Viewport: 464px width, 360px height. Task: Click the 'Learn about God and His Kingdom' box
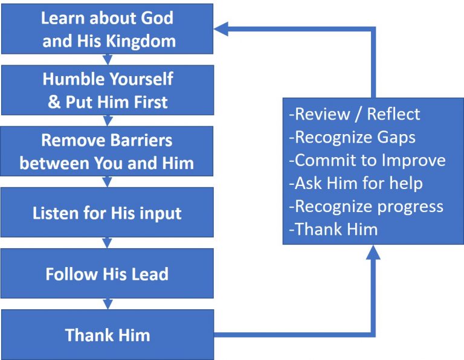(x=107, y=29)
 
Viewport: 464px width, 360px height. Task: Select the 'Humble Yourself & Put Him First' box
(x=107, y=91)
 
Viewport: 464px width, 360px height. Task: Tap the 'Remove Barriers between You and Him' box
(x=107, y=152)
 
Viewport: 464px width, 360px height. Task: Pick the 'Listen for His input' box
(x=107, y=213)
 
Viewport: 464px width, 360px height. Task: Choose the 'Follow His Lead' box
(x=107, y=274)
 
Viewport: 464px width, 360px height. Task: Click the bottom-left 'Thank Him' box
(x=107, y=335)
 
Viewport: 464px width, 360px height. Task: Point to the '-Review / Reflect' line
(x=355, y=114)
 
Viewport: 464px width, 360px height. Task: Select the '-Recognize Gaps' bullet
(x=352, y=137)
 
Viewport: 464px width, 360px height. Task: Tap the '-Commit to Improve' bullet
(x=367, y=159)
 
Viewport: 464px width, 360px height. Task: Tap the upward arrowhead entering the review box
(x=373, y=252)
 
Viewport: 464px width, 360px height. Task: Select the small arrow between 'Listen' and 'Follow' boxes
(x=108, y=242)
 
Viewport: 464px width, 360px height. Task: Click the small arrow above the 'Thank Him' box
(x=108, y=304)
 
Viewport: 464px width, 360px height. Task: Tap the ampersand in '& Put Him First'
(x=54, y=101)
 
